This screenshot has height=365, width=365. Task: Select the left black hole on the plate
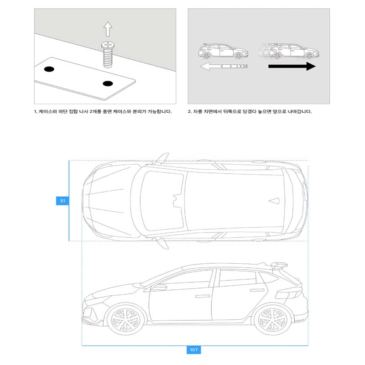click(49, 69)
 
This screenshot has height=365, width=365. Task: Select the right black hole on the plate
click(108, 83)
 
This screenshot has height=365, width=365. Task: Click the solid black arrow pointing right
click(292, 67)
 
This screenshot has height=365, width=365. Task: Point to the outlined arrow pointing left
click(224, 67)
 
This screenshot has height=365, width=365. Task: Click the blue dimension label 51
click(61, 200)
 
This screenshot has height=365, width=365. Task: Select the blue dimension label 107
click(193, 350)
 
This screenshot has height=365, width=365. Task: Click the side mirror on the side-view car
click(159, 287)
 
